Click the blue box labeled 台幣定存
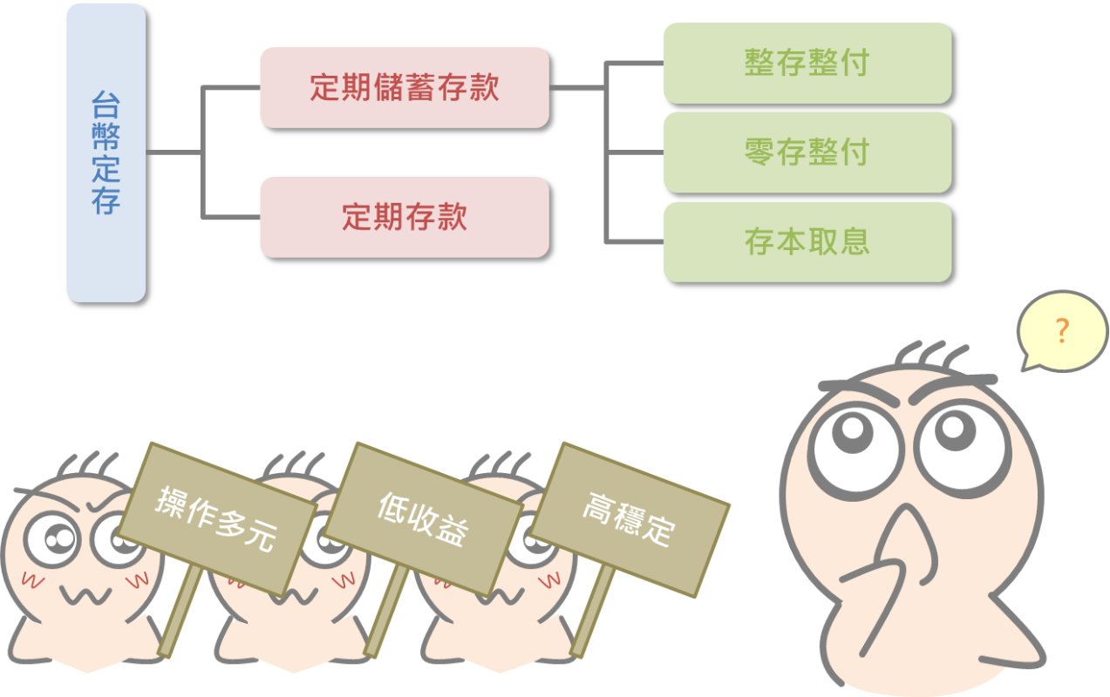[x=106, y=153]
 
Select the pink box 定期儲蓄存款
[x=405, y=87]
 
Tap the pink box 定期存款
[x=405, y=217]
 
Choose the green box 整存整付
[x=807, y=63]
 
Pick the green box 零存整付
[x=807, y=152]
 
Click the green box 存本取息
[x=807, y=242]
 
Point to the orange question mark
[x=1061, y=331]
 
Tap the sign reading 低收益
[x=423, y=519]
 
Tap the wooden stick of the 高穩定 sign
[x=591, y=614]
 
